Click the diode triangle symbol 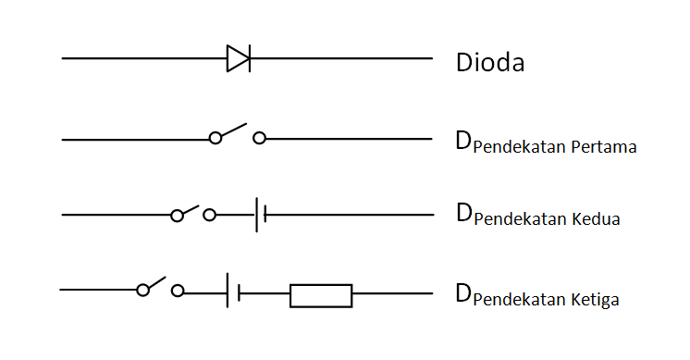(x=238, y=58)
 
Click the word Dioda (x=490, y=64)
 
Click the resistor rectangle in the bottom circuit (x=321, y=295)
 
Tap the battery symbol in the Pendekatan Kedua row (x=261, y=215)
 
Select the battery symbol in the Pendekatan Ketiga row (x=233, y=292)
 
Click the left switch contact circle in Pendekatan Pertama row (x=216, y=138)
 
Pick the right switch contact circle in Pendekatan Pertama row (x=260, y=138)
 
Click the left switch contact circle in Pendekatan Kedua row (x=177, y=216)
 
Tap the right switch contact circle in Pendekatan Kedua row (x=210, y=216)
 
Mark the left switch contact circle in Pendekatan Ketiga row (x=142, y=291)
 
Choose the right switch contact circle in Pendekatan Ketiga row (x=178, y=291)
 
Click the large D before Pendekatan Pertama (x=463, y=141)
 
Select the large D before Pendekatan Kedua (x=463, y=215)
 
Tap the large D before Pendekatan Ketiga (x=463, y=293)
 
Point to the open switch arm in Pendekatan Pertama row (x=233, y=130)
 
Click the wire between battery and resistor (x=265, y=295)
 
